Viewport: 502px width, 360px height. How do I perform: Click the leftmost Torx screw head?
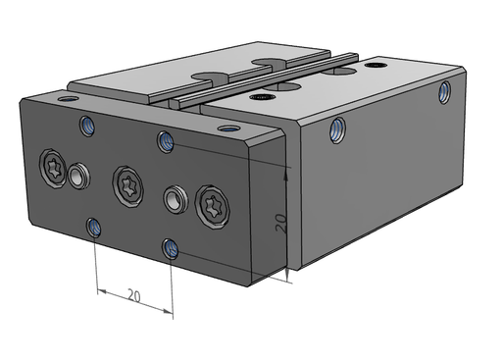(x=52, y=169)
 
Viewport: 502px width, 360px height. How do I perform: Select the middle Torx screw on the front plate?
(x=128, y=186)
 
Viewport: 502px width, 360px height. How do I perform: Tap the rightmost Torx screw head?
(x=213, y=207)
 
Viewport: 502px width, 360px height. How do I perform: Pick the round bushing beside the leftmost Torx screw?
(x=78, y=176)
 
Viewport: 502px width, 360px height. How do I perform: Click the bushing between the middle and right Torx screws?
(x=176, y=199)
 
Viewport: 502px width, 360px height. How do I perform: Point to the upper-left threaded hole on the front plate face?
(x=87, y=126)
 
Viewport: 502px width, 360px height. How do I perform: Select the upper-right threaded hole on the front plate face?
(x=166, y=141)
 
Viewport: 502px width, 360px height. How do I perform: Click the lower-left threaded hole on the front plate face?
(x=94, y=228)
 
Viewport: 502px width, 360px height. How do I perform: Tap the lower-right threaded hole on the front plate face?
(x=171, y=249)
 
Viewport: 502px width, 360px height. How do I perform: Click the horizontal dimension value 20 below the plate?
(x=134, y=295)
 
